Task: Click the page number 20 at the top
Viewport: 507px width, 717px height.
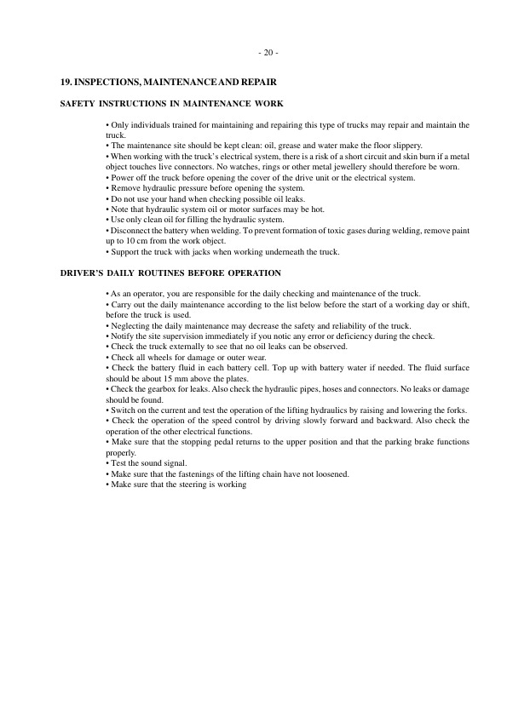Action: pyautogui.click(x=268, y=53)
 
